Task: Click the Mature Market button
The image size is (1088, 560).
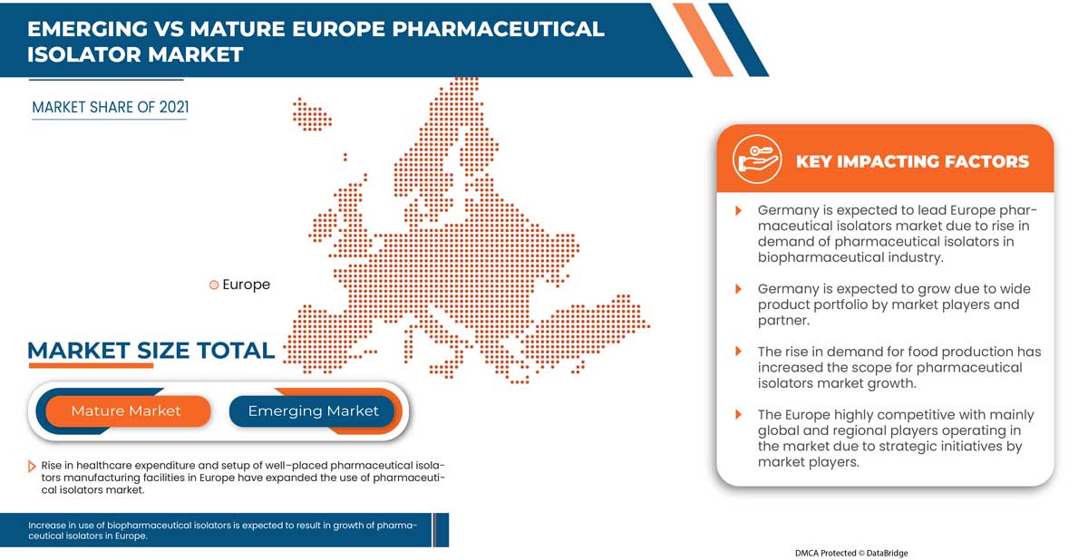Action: [x=126, y=411]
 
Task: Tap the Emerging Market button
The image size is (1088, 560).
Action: [x=313, y=411]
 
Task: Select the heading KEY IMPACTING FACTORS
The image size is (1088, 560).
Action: [x=912, y=162]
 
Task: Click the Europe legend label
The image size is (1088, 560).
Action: [x=246, y=285]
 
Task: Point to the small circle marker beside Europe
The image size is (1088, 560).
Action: [x=214, y=285]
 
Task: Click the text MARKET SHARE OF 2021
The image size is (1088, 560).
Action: [x=111, y=108]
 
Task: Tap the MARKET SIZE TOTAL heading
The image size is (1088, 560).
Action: [x=151, y=351]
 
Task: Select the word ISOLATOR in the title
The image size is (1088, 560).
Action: [x=82, y=54]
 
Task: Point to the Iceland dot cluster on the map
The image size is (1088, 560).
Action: [x=311, y=114]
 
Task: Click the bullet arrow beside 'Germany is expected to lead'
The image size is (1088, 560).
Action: [x=739, y=210]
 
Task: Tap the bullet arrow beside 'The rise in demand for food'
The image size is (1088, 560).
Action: [x=739, y=352]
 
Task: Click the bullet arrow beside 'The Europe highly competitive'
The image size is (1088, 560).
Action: [x=739, y=415]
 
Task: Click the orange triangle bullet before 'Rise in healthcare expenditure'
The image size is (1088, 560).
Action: [x=33, y=466]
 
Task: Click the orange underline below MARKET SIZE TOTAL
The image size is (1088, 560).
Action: [x=91, y=366]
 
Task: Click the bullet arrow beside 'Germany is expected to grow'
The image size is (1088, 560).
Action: [x=739, y=289]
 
